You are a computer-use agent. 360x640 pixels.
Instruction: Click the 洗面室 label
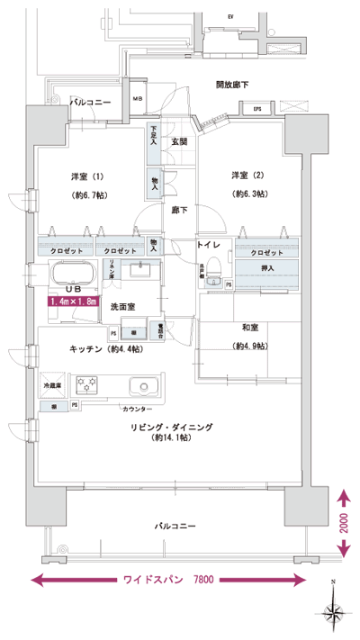122,306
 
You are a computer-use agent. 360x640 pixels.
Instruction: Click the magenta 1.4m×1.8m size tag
74,302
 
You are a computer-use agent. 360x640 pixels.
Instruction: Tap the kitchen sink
144,388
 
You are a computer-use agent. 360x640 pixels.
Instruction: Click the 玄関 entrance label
179,141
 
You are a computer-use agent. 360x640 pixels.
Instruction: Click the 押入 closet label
268,268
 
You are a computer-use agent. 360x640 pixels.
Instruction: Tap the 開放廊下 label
232,85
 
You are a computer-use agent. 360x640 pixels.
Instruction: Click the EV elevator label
230,16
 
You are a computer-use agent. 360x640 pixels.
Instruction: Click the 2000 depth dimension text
344,524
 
